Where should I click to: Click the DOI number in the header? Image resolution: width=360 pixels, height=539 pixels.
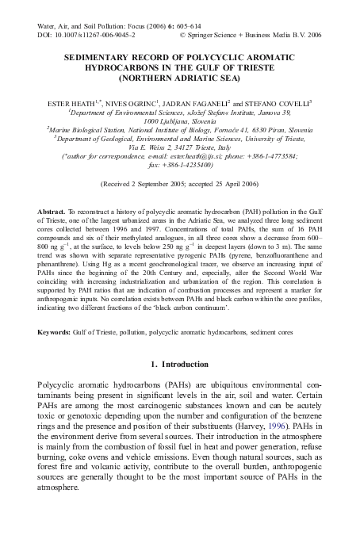91,36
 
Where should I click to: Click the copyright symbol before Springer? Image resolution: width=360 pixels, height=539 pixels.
185,36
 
